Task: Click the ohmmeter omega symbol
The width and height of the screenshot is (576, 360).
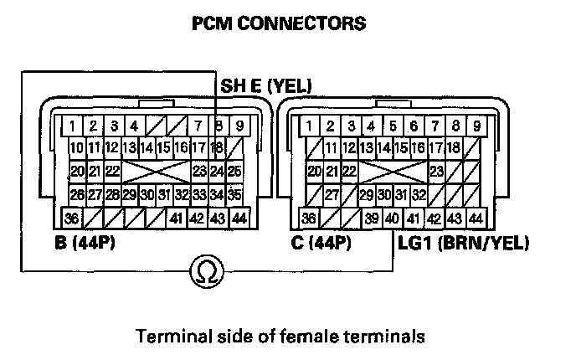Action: coord(203,270)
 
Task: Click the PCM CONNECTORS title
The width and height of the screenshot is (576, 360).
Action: coord(279,23)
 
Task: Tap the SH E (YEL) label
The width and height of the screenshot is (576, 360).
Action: coord(265,85)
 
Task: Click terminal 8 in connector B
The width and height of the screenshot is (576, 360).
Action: coord(218,127)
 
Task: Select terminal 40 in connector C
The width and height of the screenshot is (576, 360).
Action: coord(391,219)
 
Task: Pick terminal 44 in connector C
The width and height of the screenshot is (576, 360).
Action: coord(476,219)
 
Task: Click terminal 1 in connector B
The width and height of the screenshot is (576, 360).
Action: coord(74,127)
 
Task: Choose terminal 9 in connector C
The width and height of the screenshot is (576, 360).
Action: coord(476,127)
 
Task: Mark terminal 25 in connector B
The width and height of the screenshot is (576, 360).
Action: coord(235,172)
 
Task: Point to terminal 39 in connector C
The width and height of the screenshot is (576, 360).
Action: coord(371,219)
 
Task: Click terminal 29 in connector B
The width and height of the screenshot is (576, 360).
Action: coord(129,195)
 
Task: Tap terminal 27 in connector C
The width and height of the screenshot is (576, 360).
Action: coord(332,195)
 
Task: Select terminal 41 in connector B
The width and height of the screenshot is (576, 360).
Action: coord(176,219)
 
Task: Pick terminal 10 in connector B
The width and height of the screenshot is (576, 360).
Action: coord(75,149)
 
